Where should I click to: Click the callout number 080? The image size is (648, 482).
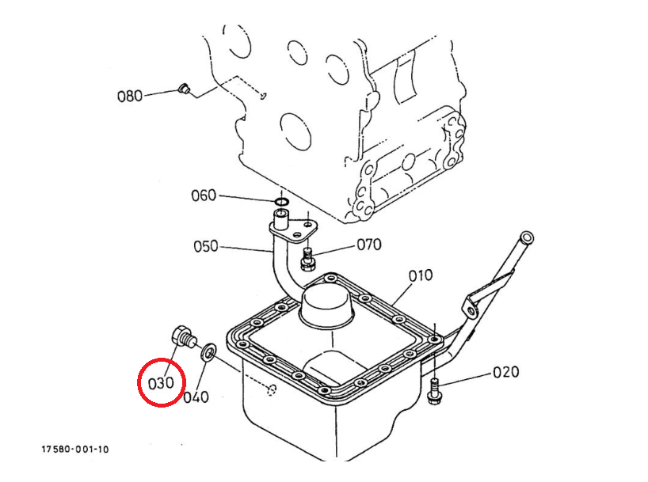130,97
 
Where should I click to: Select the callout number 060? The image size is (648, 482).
204,195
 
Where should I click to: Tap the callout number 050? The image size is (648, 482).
205,247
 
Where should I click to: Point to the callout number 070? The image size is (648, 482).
369,245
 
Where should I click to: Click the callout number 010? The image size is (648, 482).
421,275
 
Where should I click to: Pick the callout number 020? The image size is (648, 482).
506,372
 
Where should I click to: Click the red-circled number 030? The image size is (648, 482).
161,383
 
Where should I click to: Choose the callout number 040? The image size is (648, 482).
196,397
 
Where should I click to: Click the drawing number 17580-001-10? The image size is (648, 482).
74,449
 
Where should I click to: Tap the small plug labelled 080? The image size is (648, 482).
184,89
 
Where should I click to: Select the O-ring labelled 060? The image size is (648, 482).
281,202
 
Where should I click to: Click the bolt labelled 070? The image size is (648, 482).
307,259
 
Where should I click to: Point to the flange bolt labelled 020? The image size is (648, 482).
433,391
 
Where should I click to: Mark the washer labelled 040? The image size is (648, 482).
208,351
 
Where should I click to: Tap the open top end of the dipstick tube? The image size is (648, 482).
527,237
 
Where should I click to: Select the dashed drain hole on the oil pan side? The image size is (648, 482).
271,389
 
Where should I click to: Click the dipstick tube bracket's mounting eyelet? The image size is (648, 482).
471,309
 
